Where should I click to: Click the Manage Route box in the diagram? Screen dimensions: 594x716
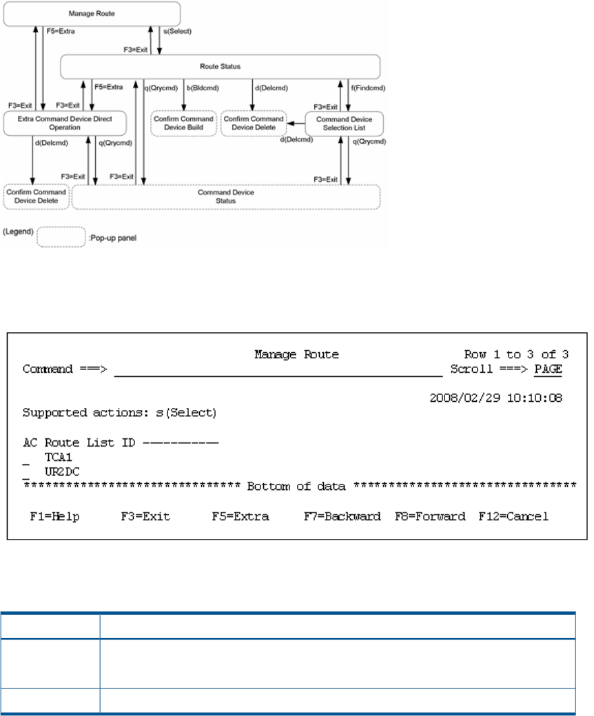[92, 14]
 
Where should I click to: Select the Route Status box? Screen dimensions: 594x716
[220, 67]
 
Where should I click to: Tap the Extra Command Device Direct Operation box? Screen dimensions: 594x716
[65, 123]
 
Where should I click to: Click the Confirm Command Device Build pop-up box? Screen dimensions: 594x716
[183, 123]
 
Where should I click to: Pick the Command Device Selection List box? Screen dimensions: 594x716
[345, 124]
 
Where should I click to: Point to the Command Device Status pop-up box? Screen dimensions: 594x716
[226, 197]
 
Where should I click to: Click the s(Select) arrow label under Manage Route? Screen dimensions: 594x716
[178, 31]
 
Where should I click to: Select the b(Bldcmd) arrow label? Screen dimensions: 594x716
[203, 88]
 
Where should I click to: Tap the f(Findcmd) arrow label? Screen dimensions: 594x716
[368, 88]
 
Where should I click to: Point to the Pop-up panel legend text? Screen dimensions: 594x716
[113, 238]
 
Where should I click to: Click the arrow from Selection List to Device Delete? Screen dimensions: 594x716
[296, 123]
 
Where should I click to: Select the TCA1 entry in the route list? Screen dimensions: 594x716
[59, 457]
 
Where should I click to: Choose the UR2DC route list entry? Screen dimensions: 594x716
[62, 471]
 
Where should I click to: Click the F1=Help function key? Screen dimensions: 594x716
[55, 516]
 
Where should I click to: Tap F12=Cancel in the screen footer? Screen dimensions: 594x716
[513, 516]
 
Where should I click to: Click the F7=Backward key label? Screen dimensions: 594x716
[342, 516]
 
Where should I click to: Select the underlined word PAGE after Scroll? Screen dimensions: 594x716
[549, 369]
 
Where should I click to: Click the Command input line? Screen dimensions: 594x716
[278, 376]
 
